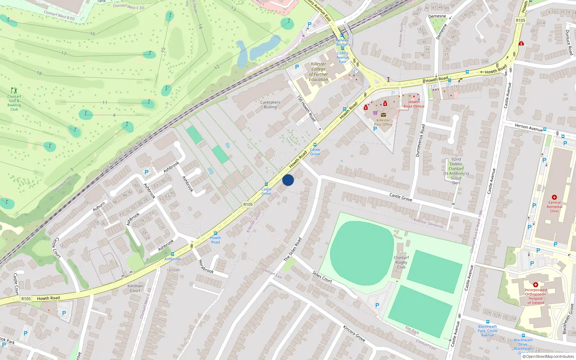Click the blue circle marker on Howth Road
[288, 180]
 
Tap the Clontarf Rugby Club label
[401, 262]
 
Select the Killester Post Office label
[383, 122]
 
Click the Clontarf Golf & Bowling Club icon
[14, 90]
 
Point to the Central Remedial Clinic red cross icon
[554, 197]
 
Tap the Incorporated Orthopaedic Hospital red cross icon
[535, 285]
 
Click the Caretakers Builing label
[270, 104]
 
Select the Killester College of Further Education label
[319, 72]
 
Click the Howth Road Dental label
[414, 104]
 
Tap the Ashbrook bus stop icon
[172, 254]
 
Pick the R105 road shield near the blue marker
[248, 204]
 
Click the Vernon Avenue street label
[528, 127]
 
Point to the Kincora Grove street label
[354, 334]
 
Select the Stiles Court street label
[322, 277]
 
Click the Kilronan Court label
[135, 288]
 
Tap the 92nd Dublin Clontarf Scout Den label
[456, 171]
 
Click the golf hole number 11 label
[105, 103]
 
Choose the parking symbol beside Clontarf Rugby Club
[377, 305]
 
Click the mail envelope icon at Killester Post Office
[383, 115]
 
